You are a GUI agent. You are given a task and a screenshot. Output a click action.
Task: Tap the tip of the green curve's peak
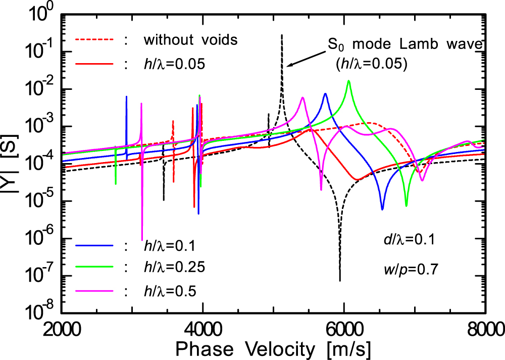(348, 81)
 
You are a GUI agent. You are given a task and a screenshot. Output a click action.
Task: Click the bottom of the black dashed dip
(340, 280)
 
